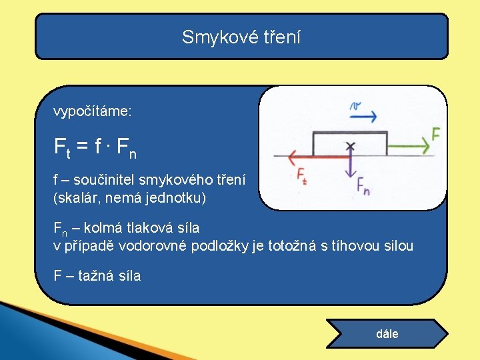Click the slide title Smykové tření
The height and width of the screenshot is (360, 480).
241,37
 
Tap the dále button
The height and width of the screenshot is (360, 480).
387,333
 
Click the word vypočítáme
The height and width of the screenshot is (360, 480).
92,111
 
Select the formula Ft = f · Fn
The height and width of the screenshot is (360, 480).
95,146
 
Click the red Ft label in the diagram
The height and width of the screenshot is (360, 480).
302,175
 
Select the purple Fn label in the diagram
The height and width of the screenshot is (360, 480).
363,186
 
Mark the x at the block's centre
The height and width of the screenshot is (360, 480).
350,145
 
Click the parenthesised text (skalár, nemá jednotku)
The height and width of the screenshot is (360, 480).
130,197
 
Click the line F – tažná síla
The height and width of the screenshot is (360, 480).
97,275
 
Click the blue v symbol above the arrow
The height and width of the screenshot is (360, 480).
355,105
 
